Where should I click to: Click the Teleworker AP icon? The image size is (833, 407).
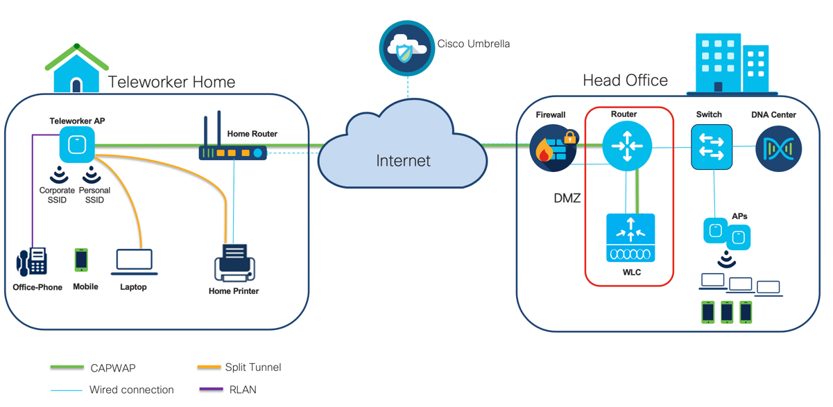click(76, 145)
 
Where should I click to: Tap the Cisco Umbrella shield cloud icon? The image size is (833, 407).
click(406, 49)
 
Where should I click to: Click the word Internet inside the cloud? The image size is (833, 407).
click(403, 161)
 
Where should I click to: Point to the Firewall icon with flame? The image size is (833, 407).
click(553, 148)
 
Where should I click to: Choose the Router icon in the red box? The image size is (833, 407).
click(627, 146)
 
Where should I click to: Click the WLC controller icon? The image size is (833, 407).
click(630, 238)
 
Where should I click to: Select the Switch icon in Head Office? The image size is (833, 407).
click(712, 147)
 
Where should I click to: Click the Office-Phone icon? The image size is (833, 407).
click(32, 261)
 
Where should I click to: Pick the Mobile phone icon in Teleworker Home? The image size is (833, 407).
click(81, 260)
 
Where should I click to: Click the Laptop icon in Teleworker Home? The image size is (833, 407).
click(134, 262)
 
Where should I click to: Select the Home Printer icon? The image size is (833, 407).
click(234, 263)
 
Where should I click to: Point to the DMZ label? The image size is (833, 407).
click(567, 198)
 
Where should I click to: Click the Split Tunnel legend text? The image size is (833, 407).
click(253, 367)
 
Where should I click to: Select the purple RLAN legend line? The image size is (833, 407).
click(211, 390)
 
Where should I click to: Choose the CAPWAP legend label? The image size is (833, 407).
click(113, 367)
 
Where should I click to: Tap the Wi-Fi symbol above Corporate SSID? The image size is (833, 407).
click(59, 173)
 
